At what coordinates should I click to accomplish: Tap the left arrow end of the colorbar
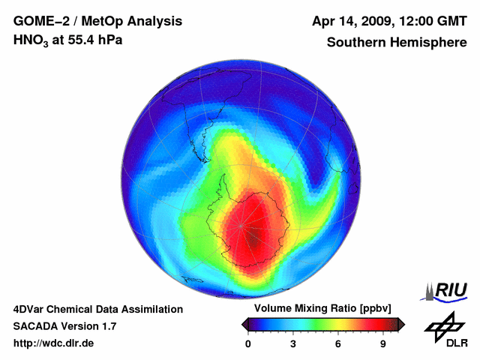pos(245,324)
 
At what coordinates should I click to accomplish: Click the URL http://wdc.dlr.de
pos(53,343)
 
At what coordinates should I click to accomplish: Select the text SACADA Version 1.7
pos(64,326)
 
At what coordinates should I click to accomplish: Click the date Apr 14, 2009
pos(347,20)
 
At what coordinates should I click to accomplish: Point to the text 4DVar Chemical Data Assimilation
pos(97,309)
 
